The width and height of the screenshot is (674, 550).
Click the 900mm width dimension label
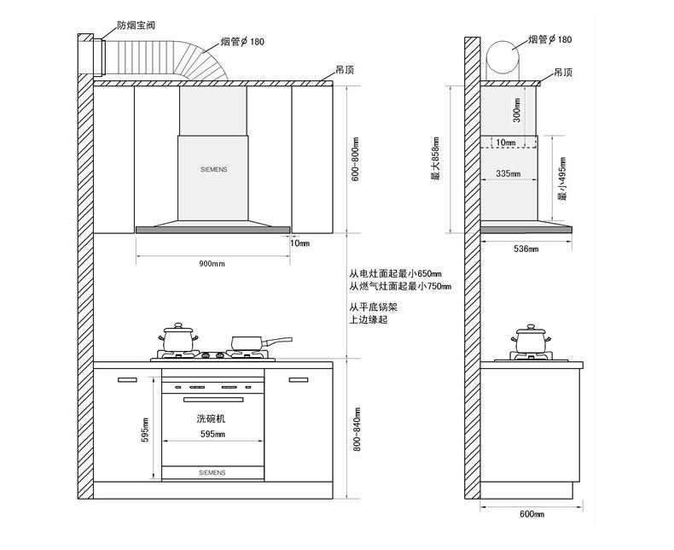(x=212, y=263)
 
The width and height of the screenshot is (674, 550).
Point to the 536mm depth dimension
(x=526, y=249)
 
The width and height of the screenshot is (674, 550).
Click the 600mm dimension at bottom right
(x=532, y=513)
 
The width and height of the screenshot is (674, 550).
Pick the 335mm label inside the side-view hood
(x=508, y=174)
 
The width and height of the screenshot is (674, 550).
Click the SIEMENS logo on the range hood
(x=213, y=170)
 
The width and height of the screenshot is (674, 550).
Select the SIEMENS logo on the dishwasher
(x=212, y=471)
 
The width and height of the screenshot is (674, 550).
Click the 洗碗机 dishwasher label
(x=211, y=419)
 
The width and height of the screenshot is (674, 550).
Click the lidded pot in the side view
(x=530, y=339)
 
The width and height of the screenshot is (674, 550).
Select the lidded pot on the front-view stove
(x=179, y=338)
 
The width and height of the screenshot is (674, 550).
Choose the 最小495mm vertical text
(x=562, y=183)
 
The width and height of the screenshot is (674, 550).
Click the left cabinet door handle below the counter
(x=127, y=379)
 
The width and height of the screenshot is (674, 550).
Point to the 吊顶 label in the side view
(x=562, y=72)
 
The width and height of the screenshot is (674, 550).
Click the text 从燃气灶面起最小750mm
(x=400, y=286)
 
